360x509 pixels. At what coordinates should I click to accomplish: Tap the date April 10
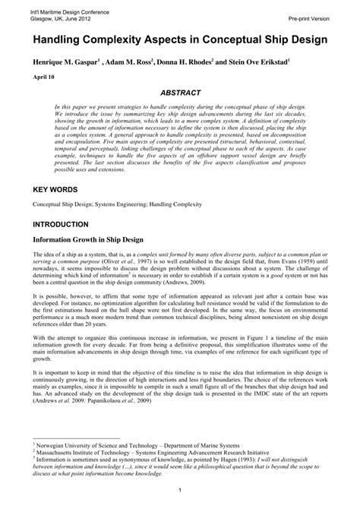[43, 77]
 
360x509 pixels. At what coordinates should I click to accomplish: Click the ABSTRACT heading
[180, 92]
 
